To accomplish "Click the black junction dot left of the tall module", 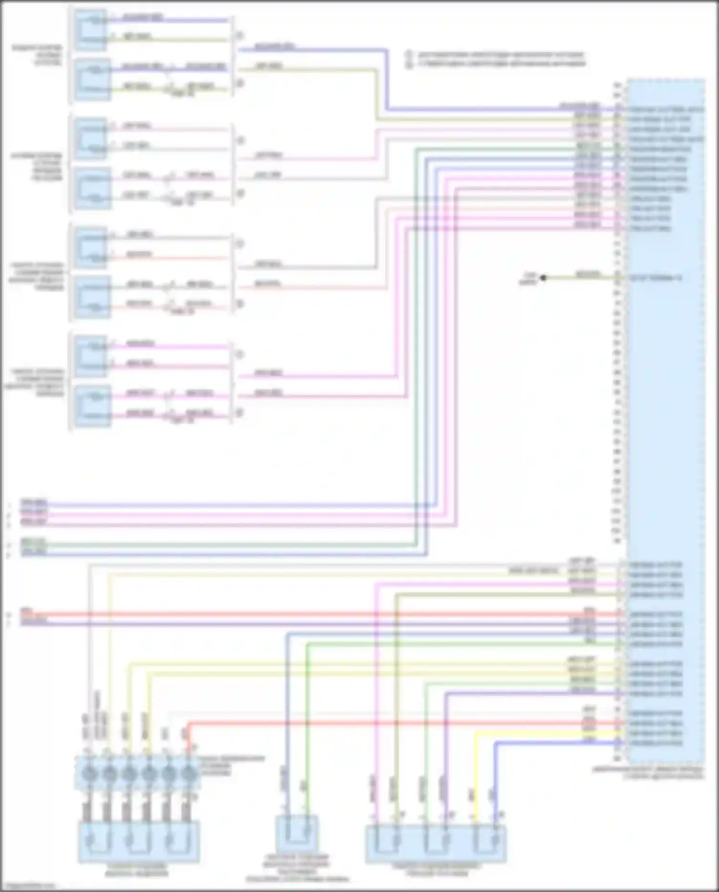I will point(543,278).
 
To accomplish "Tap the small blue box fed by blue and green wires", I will point(297,834).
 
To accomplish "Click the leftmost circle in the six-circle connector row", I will point(89,773).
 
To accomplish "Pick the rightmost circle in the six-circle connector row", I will point(189,773).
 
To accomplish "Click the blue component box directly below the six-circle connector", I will point(139,841).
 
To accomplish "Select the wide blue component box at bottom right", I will point(436,844).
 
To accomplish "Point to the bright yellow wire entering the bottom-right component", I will point(475,776).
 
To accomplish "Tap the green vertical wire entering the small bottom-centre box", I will point(307,719).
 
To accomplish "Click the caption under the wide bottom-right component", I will point(436,869).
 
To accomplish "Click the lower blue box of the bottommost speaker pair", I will point(93,406).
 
